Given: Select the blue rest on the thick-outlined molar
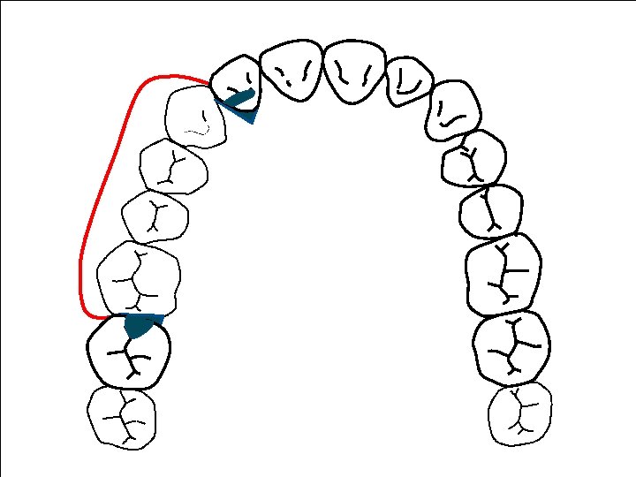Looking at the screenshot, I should pyautogui.click(x=140, y=325).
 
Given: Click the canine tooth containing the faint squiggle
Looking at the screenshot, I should pyautogui.click(x=196, y=115).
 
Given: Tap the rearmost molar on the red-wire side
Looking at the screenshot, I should pyautogui.click(x=122, y=417).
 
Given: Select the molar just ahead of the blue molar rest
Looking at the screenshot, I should pyautogui.click(x=139, y=278).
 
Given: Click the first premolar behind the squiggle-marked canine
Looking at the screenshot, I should pyautogui.click(x=174, y=165).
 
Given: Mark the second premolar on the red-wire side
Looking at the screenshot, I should pyautogui.click(x=155, y=216).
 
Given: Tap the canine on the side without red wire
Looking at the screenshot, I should pyautogui.click(x=452, y=111).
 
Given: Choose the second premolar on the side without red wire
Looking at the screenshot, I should pyautogui.click(x=491, y=211).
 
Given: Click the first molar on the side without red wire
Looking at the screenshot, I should pyautogui.click(x=503, y=274).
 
